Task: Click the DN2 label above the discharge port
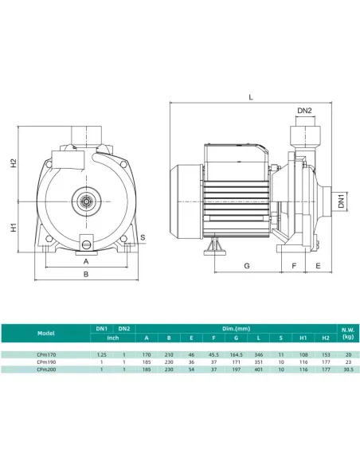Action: (304, 111)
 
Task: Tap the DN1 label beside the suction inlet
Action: (342, 201)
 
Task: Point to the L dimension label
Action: (251, 97)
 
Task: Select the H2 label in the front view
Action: (14, 163)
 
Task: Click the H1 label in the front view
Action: (14, 227)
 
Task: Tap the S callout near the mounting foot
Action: (143, 237)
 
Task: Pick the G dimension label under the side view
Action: (247, 266)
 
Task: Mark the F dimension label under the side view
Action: (294, 266)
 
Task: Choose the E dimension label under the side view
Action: (318, 266)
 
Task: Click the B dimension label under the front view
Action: (86, 274)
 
